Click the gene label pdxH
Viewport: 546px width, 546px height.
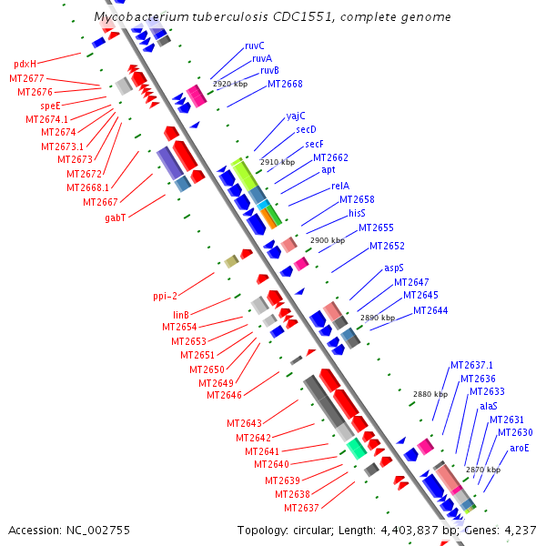click(25, 65)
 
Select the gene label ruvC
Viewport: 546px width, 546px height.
click(254, 45)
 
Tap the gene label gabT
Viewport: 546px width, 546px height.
click(116, 218)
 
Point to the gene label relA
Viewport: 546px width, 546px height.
click(341, 186)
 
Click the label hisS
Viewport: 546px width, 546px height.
click(357, 213)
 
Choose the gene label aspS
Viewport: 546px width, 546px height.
click(393, 268)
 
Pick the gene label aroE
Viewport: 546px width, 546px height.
click(519, 447)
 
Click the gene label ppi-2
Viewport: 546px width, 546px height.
click(166, 296)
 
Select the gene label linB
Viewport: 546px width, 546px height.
click(180, 315)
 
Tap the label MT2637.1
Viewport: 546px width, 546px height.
click(471, 366)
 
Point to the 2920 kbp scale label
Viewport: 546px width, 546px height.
click(230, 84)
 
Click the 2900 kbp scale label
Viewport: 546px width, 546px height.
click(328, 240)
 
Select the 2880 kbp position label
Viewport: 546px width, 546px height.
click(430, 394)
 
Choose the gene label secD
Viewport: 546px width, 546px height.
click(306, 129)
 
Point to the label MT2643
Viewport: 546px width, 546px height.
click(244, 423)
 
